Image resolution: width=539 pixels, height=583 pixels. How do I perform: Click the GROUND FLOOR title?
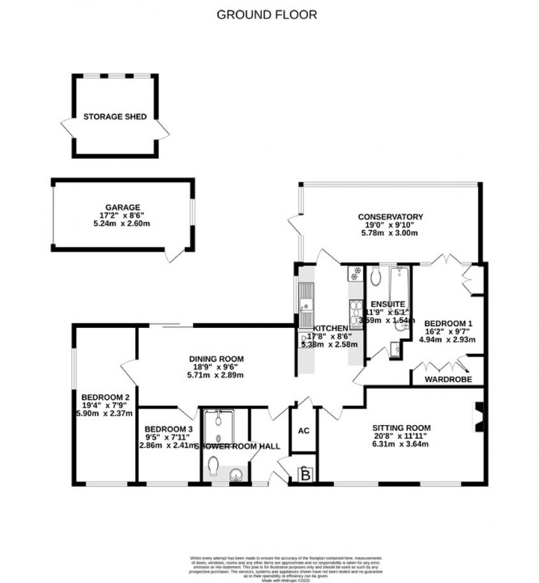(267, 15)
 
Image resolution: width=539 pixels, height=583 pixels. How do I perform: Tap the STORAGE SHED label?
(115, 117)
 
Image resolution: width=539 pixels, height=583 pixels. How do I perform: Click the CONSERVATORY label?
(391, 217)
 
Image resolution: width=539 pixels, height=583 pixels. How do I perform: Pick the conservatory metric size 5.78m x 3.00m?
(391, 232)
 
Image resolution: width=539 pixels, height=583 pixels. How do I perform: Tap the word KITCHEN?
(331, 328)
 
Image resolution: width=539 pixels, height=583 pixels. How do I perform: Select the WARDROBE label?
(448, 379)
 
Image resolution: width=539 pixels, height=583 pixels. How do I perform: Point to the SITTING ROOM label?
(401, 428)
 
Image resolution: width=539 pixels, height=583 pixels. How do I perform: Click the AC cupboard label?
(303, 431)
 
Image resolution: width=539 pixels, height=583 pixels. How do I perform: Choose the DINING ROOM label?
(217, 359)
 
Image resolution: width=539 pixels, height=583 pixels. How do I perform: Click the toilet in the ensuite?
(376, 276)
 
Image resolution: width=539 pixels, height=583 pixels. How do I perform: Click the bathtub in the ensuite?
(399, 288)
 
